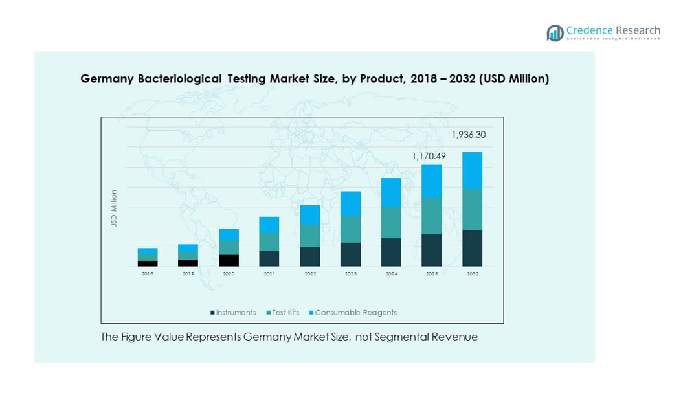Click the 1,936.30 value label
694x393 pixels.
pos(468,135)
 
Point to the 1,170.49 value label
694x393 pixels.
pos(429,156)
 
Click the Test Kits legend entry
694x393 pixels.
pos(283,313)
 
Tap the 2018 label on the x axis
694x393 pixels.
pos(148,275)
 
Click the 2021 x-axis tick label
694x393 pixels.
pos(269,275)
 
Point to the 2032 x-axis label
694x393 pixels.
pos(473,275)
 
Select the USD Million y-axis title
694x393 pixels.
pos(114,208)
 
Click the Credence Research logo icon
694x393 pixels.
pos(555,33)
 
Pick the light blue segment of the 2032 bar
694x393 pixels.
pos(472,170)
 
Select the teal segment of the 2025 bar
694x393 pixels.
pos(432,216)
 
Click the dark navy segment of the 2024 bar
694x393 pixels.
pos(391,252)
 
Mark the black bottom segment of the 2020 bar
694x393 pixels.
pos(229,260)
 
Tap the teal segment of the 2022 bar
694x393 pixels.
pos(310,236)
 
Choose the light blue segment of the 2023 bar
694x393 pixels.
pos(350,203)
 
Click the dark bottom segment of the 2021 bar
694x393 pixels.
pos(269,258)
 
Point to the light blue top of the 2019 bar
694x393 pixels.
pos(188,248)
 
